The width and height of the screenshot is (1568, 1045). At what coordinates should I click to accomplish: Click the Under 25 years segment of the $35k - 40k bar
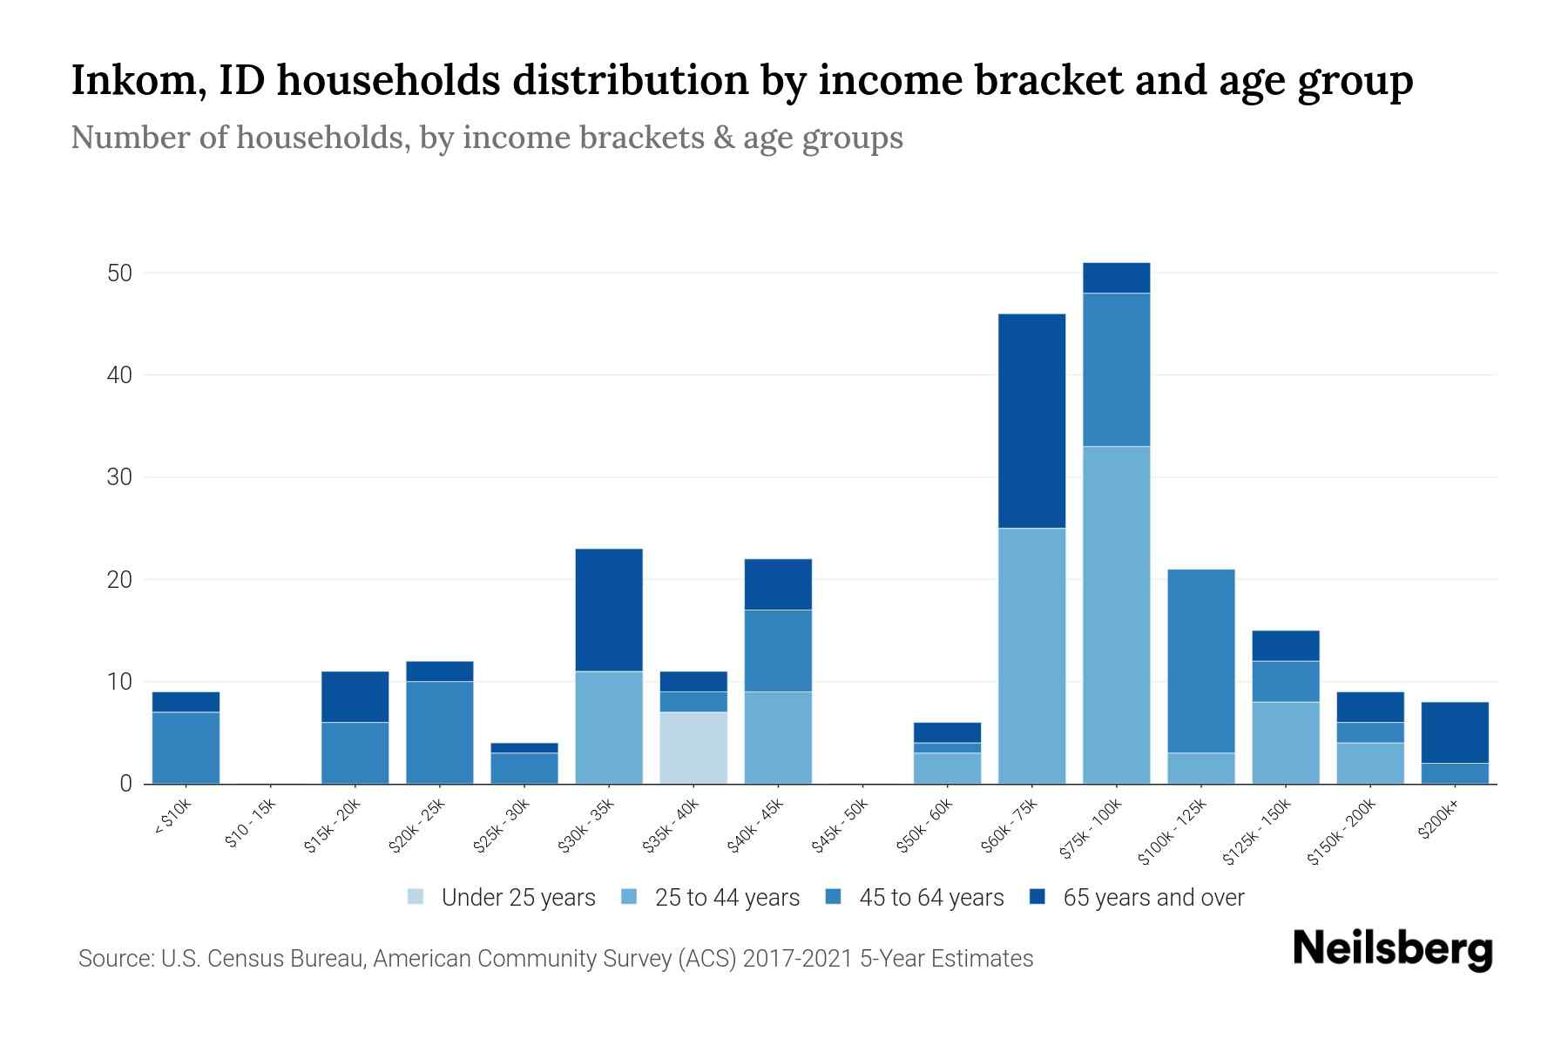click(693, 747)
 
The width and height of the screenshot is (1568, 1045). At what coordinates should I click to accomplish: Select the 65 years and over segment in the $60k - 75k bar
click(1031, 421)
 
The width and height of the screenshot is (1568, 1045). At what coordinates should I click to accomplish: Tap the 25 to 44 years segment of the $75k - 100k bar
click(1116, 615)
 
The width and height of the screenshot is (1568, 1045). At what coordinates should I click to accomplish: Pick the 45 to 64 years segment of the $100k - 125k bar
click(1201, 660)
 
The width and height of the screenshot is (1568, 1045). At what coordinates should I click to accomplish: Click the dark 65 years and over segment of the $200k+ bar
click(1455, 732)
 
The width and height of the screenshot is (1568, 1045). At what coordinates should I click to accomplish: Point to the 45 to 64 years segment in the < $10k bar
click(186, 747)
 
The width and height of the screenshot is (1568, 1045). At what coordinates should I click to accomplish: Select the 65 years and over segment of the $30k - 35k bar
click(609, 610)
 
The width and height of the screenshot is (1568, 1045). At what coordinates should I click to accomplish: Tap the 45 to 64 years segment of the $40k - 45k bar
click(778, 651)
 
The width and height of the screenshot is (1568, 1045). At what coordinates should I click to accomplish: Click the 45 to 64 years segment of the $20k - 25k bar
click(440, 731)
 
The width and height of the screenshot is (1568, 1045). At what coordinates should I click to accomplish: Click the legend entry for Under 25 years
click(502, 898)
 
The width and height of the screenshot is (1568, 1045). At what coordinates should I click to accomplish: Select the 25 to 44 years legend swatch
click(629, 897)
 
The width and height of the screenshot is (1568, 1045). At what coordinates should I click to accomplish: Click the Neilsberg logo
click(1392, 949)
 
